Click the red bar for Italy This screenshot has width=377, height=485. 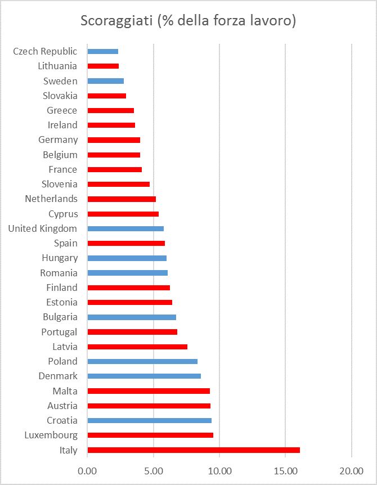194,450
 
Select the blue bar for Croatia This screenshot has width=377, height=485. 150,420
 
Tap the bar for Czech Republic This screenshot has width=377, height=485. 103,51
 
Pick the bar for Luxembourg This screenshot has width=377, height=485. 150,435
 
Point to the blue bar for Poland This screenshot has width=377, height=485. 142,361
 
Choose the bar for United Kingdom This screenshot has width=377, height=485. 125,228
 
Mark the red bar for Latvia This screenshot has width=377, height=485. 137,347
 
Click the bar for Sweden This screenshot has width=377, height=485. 106,81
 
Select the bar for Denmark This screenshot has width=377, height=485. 144,376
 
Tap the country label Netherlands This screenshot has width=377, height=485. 51,199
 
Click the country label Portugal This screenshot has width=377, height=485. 59,332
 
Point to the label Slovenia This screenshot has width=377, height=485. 59,184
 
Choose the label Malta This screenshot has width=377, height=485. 65,390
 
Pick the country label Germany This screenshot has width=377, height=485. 58,140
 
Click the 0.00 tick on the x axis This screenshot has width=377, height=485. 88,470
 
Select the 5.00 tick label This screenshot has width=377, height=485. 154,470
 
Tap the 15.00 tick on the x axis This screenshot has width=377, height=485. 285,470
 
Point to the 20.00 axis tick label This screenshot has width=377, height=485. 351,470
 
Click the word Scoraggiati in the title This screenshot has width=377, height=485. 116,21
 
